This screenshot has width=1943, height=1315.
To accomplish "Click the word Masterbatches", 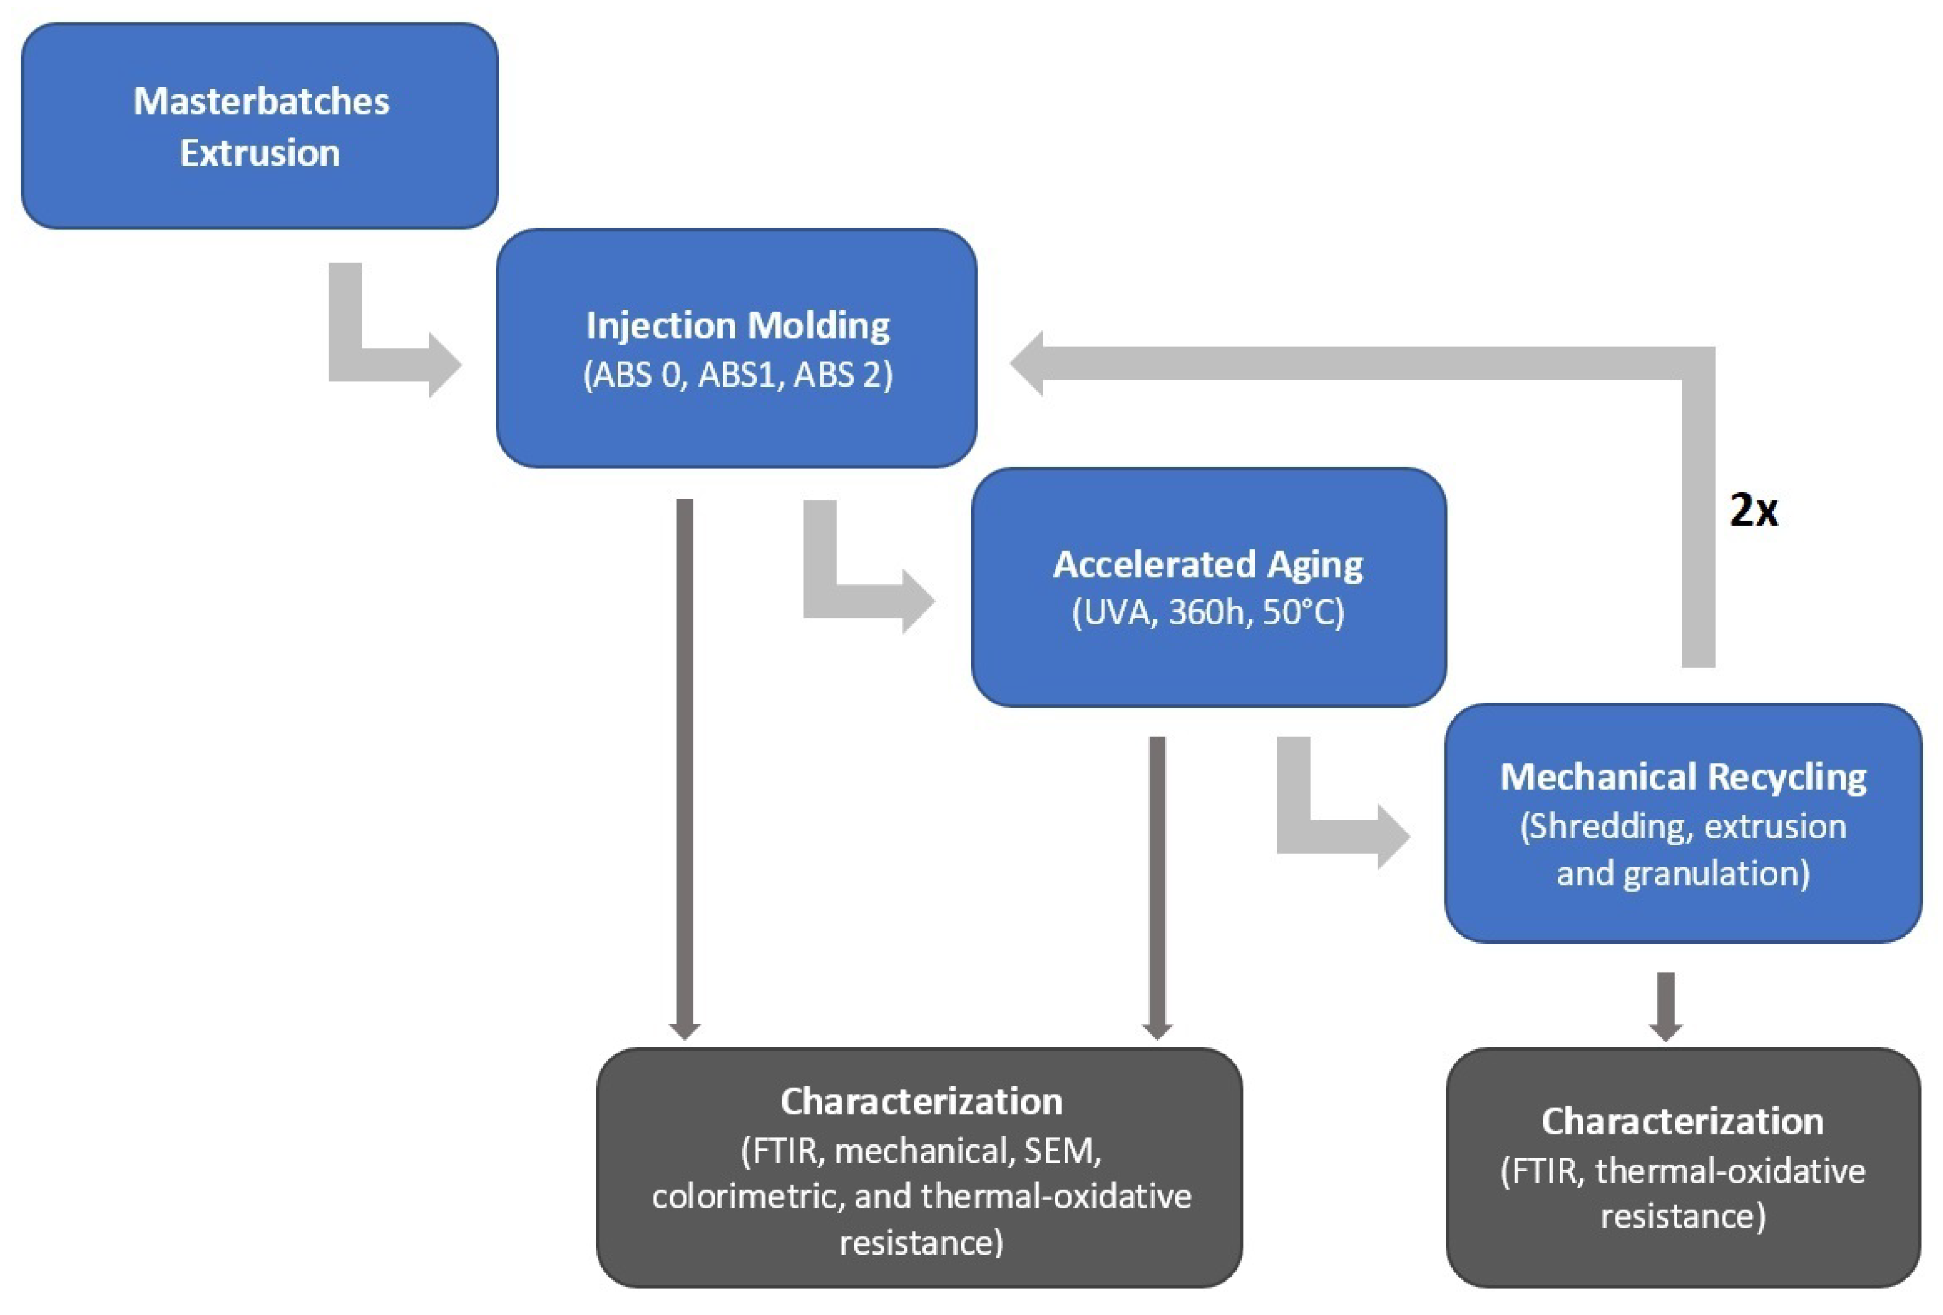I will pos(261,101).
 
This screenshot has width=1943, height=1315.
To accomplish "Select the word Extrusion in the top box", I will pos(259,153).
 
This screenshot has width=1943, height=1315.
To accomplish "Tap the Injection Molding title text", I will pos(737,325).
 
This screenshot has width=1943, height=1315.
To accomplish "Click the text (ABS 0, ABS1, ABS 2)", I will pos(737,374).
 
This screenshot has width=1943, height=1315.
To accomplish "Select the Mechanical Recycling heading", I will pos(1682,777).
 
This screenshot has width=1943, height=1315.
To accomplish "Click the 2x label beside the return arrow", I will pos(1753,509).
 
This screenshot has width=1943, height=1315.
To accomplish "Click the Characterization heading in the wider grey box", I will pos(921,1101).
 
